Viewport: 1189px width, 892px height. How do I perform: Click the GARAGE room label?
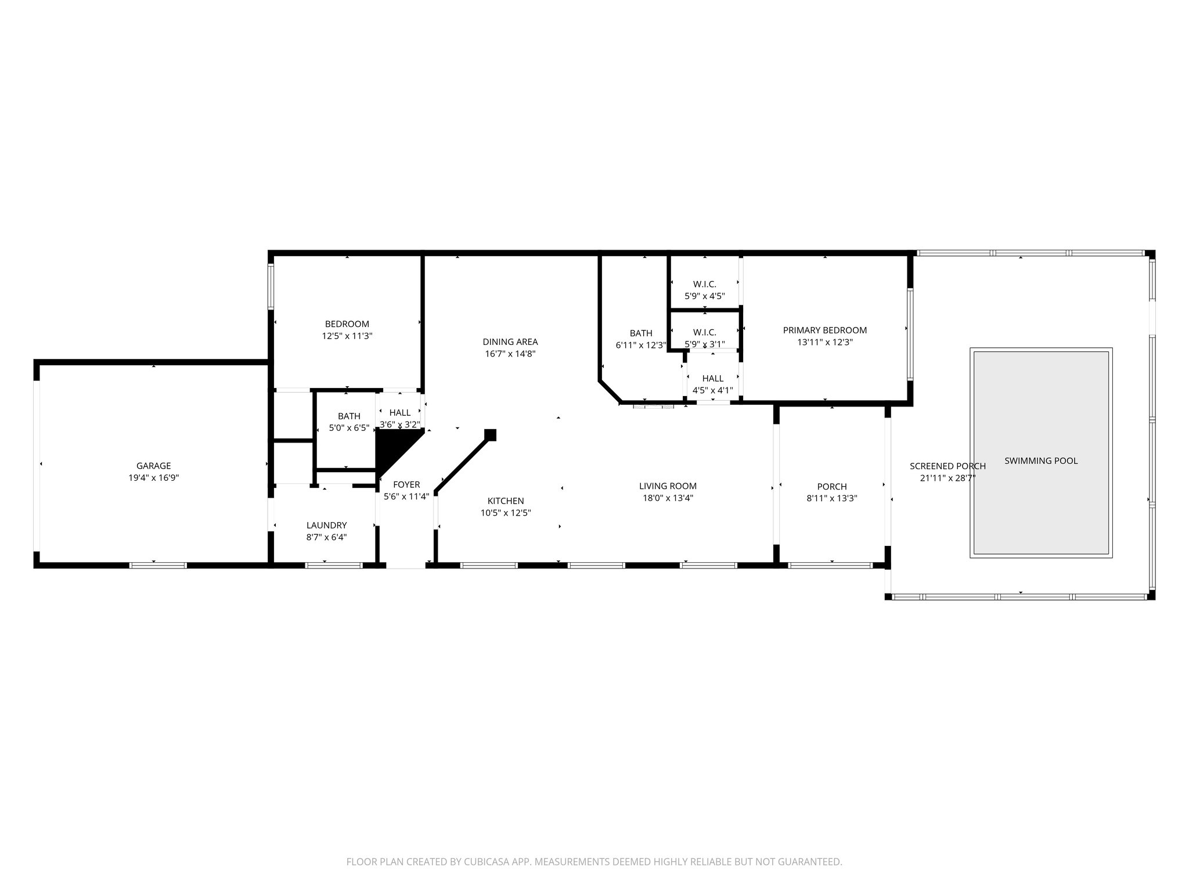pos(153,466)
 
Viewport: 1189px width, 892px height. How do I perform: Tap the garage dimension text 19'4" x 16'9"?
pos(153,478)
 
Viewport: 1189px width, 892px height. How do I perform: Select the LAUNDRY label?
pos(326,525)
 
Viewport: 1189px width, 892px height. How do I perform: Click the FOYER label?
pos(406,484)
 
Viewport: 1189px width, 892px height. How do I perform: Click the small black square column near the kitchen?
pos(491,434)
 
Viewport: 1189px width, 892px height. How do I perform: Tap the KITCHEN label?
pos(506,501)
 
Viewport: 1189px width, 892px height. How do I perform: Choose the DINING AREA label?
pos(510,341)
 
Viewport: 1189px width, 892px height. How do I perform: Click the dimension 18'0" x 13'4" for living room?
pos(668,498)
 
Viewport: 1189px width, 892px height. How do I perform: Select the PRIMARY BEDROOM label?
pos(824,330)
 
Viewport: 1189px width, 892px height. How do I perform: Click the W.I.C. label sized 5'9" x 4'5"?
pos(704,284)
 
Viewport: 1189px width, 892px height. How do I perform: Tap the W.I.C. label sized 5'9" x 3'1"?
pos(704,332)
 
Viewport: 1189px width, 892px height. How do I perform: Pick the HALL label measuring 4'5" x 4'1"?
pos(712,379)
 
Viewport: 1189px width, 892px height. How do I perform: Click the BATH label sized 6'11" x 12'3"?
pos(641,333)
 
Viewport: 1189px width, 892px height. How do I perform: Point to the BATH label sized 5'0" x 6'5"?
pos(349,416)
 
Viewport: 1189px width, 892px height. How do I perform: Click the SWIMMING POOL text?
pos(1041,461)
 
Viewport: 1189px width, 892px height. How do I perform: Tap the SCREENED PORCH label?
pos(947,466)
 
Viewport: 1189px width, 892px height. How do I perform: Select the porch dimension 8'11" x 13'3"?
pos(831,498)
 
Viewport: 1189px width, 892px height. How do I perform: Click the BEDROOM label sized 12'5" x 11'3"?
pos(347,323)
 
